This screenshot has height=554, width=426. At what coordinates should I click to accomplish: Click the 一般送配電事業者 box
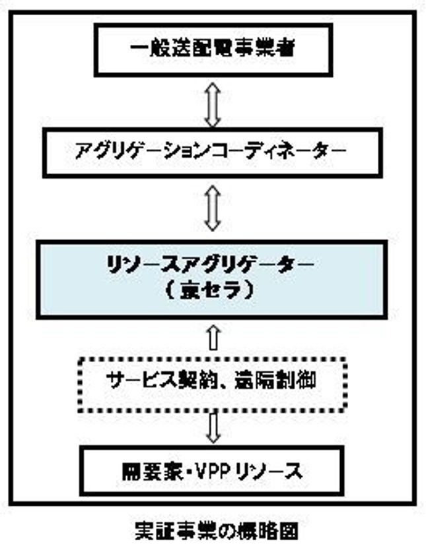coord(212,50)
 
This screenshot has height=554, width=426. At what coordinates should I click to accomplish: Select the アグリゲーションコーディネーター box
coord(212,152)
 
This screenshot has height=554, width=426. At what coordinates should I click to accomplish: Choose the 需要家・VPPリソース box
coord(212,470)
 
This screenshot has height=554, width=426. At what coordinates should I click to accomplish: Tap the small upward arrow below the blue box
coord(212,337)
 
